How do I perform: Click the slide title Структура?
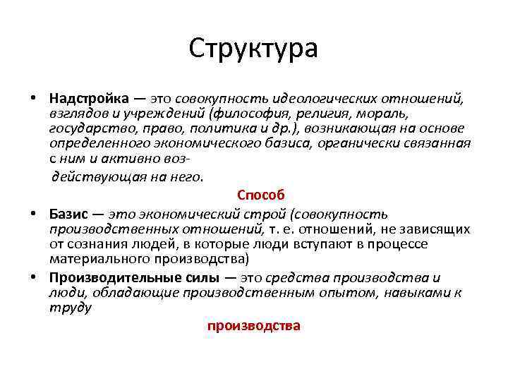coord(254,49)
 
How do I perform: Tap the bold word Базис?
coord(68,214)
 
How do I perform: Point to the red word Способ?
coord(261,195)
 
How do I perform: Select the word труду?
coord(71,308)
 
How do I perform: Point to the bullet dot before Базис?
coord(33,214)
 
